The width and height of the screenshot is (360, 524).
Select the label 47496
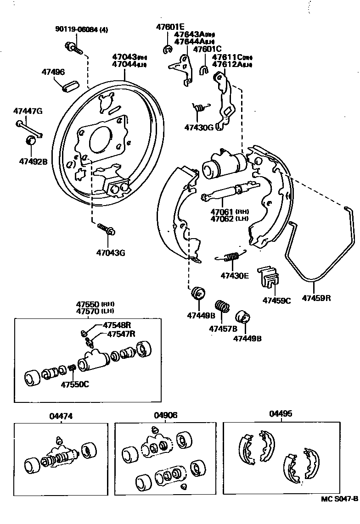[53, 72]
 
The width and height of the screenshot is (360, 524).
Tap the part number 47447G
[28, 111]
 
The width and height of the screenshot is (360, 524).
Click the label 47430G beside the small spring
[199, 127]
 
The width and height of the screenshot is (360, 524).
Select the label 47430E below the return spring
[234, 275]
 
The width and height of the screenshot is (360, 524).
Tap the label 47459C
[277, 301]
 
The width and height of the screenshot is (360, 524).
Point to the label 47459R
[316, 298]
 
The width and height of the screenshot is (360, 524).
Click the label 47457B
[223, 329]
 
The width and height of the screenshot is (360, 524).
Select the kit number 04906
[166, 415]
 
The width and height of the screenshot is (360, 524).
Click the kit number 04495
[281, 413]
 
